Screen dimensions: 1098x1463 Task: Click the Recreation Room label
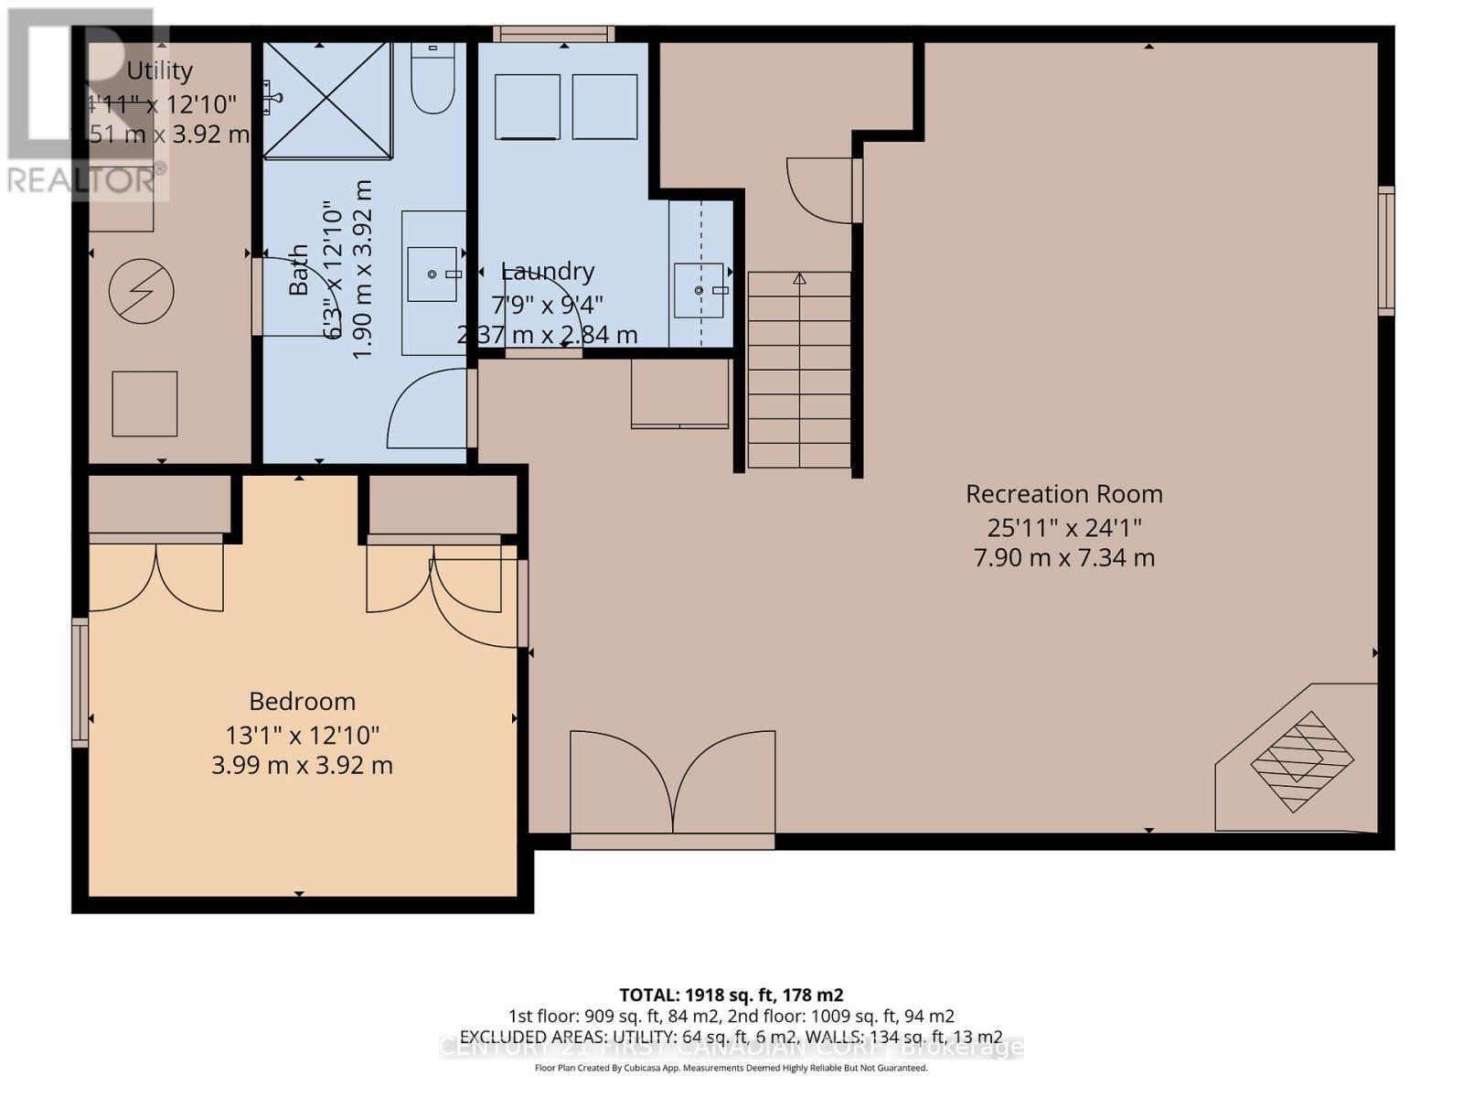coord(1063,494)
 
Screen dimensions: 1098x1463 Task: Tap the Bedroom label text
coord(302,702)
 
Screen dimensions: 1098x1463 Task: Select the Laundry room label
coord(549,272)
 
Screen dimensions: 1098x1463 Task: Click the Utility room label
coord(159,71)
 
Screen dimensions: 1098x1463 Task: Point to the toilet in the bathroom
coord(432,81)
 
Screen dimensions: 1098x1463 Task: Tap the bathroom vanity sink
coord(432,274)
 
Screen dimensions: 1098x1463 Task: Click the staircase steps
coord(799,371)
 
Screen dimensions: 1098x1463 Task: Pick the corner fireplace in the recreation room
coord(1302,760)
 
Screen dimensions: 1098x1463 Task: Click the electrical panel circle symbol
coord(141,292)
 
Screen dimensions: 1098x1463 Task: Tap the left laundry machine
coord(528,107)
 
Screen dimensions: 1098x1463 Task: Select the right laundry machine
coord(604,107)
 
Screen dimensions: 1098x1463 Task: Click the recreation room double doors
coord(673,782)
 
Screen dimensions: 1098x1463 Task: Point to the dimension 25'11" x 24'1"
coord(1063,528)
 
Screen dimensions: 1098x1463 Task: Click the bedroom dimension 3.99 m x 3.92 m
coord(302,766)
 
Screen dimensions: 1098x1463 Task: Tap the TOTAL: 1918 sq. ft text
coord(731,995)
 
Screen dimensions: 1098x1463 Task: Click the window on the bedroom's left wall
coord(80,682)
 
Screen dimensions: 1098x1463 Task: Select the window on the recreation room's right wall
coord(1386,251)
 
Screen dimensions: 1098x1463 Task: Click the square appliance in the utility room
coord(144,404)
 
